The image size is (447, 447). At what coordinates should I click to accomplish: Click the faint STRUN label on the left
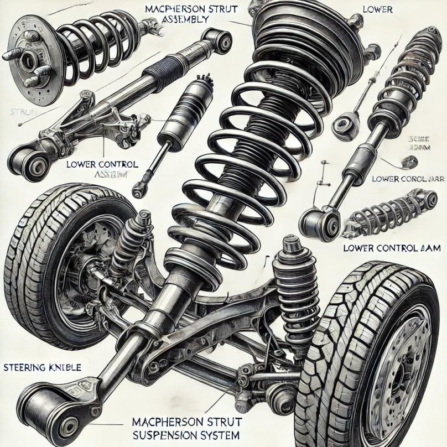pyautogui.click(x=22, y=112)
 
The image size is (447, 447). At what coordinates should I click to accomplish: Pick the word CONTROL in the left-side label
pyautogui.click(x=110, y=164)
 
